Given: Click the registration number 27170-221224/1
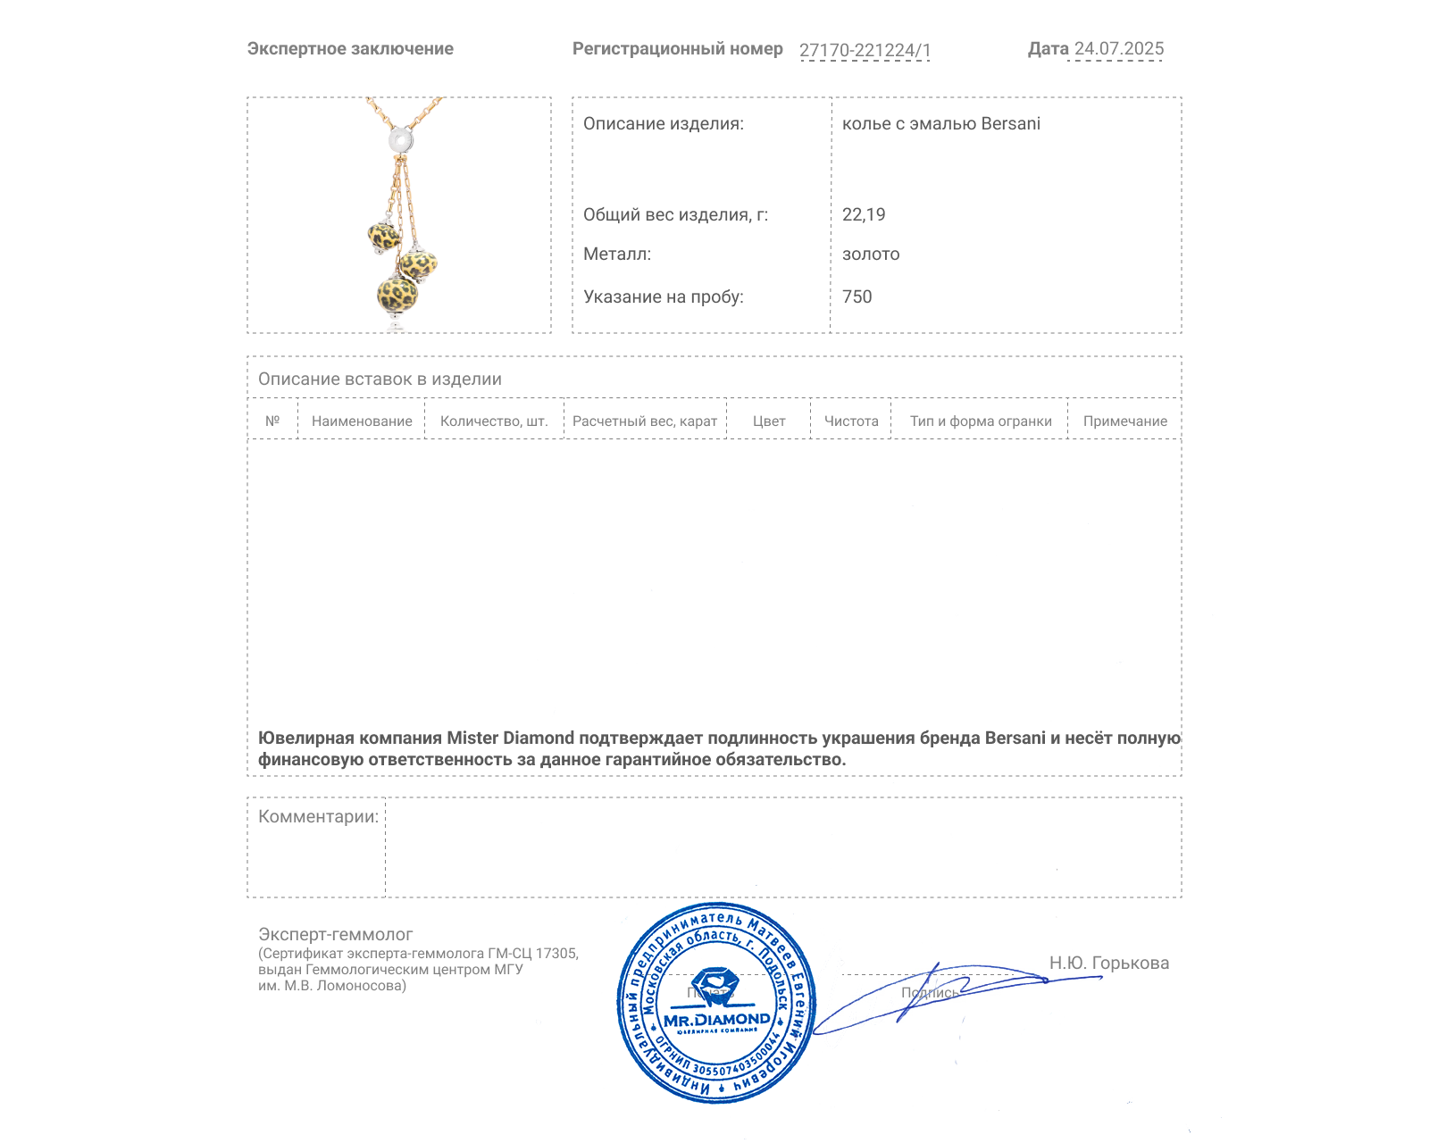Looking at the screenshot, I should tap(865, 50).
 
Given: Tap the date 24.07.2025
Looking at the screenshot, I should tap(1118, 49).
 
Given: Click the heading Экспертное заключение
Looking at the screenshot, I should tap(350, 49).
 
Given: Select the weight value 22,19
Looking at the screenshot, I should tap(864, 214).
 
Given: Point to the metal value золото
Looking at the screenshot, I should tap(871, 254).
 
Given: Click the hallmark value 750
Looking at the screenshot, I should tap(857, 296).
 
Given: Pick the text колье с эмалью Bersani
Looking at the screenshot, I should tap(940, 124).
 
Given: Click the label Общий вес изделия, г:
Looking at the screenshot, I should tap(675, 214).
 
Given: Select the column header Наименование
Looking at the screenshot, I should tap(362, 421).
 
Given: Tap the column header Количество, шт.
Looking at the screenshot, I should tap(494, 421).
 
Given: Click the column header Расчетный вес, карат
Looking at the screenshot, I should tap(645, 421).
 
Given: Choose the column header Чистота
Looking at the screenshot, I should tap(851, 421).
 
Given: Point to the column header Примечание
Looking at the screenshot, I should tap(1124, 421).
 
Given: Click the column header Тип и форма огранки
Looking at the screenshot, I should tap(981, 421).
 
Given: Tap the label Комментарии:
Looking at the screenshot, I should tap(318, 816).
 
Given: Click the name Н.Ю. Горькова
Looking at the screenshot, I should tap(1108, 963).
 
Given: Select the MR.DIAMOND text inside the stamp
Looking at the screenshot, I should tap(716, 1019).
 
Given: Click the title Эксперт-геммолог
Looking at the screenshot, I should tap(336, 934).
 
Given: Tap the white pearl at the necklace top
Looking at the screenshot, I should tap(400, 140).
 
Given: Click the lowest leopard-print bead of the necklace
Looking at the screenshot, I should tap(397, 294).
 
